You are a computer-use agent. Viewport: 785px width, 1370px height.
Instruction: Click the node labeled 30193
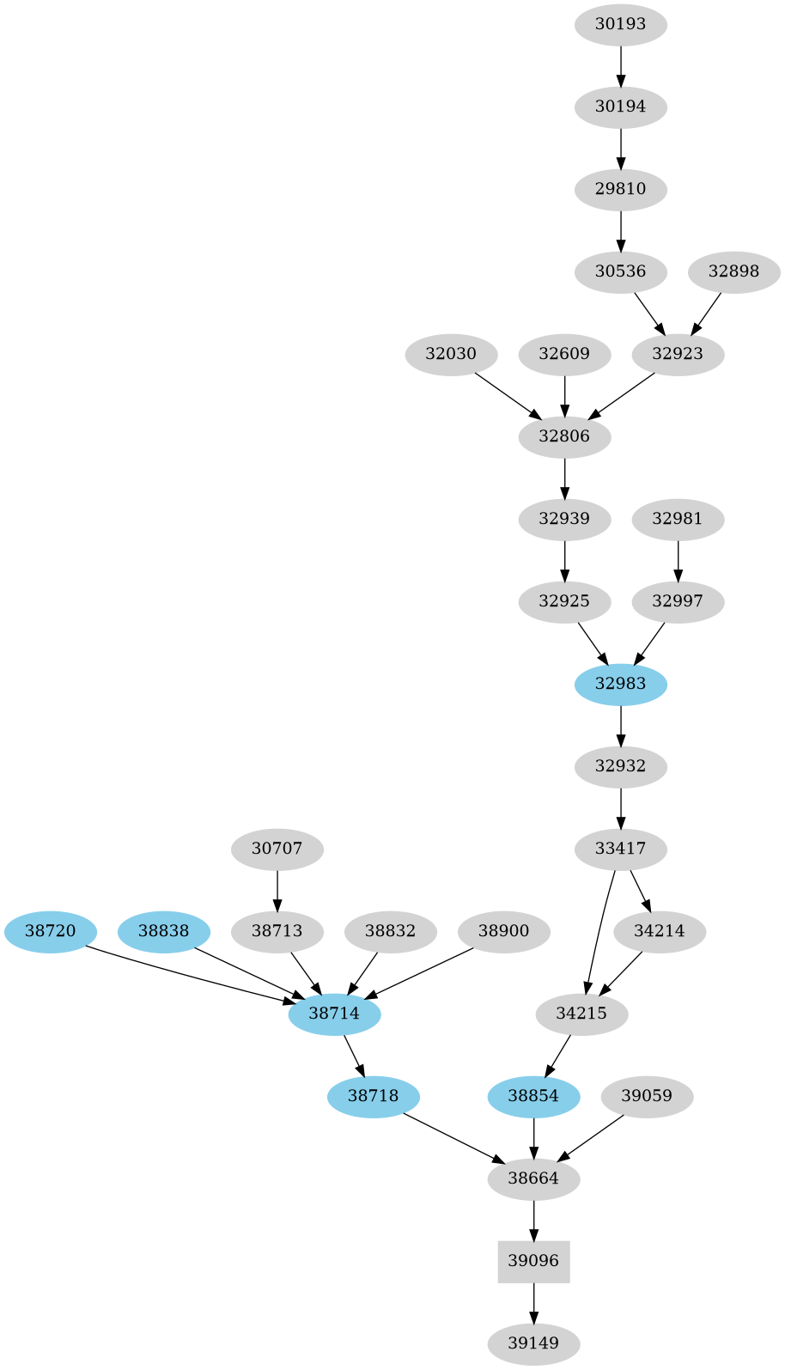620,24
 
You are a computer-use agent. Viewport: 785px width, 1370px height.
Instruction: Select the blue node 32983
620,684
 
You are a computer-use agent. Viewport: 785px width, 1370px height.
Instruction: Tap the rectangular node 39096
533,1261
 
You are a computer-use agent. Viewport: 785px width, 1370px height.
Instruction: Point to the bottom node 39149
533,1343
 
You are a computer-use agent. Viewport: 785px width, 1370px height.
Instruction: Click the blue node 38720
50,931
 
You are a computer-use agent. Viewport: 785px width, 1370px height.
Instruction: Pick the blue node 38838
163,931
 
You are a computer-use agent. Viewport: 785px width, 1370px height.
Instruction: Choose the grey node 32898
733,271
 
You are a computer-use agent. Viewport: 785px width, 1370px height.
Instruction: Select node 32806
564,436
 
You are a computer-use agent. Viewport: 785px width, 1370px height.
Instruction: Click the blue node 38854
533,1096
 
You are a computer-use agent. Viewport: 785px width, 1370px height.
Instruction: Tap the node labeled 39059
647,1096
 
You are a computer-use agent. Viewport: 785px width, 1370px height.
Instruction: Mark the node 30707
277,849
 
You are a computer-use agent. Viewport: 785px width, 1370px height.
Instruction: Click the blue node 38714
334,1014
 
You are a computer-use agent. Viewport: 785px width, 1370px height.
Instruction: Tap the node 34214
660,931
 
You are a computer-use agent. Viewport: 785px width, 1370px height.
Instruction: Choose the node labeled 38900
503,931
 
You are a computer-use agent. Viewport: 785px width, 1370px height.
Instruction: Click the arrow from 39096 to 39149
533,1303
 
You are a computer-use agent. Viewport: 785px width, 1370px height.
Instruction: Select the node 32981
678,519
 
